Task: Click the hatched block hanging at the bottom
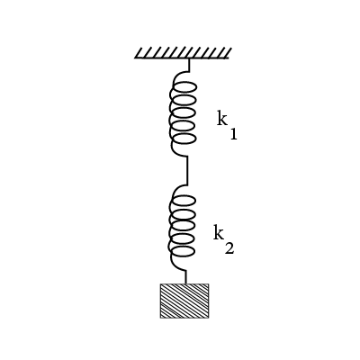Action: (x=184, y=301)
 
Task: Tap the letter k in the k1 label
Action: (x=222, y=118)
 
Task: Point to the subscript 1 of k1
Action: (x=234, y=134)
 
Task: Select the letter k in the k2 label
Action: (x=219, y=232)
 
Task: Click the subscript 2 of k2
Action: (x=229, y=248)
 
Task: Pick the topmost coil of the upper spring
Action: (x=184, y=87)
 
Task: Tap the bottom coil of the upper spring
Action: (x=184, y=139)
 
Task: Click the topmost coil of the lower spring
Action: (x=183, y=201)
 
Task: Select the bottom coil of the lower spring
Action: (x=182, y=251)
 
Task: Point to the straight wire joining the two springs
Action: (x=188, y=170)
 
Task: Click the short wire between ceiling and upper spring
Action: (x=189, y=65)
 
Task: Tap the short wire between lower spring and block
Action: (x=185, y=276)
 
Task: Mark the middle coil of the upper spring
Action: (x=184, y=112)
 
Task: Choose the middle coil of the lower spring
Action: (x=183, y=226)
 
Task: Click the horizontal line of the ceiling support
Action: (x=182, y=58)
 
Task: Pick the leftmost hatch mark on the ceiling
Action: (x=139, y=52)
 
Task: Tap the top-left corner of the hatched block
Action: (x=160, y=283)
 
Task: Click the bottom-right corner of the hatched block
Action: (x=209, y=318)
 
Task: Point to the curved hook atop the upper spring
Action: (x=179, y=74)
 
